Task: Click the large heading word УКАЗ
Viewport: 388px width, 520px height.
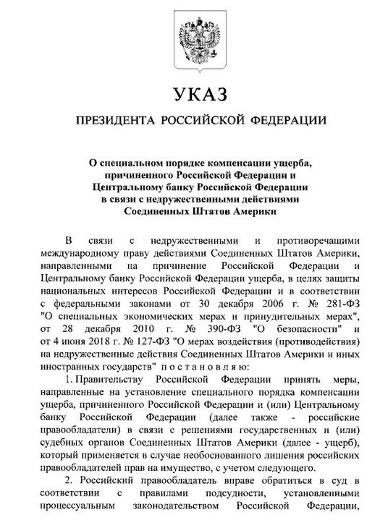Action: [x=194, y=94]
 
